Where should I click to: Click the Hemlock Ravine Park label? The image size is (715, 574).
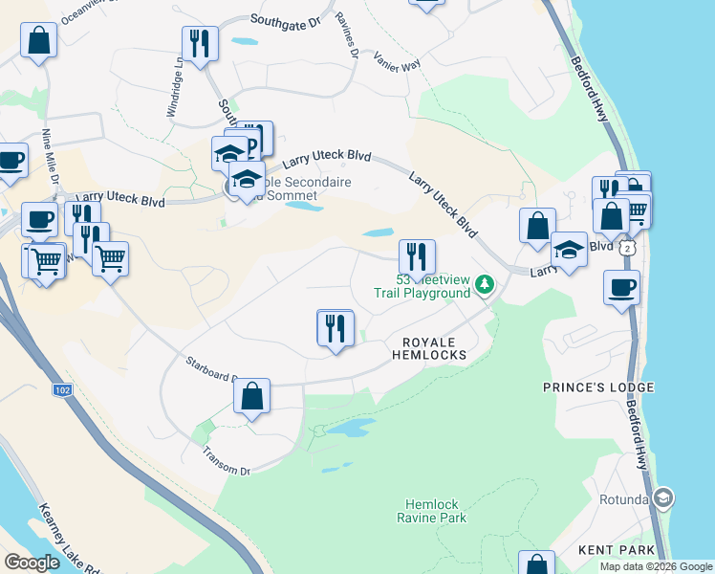click(432, 511)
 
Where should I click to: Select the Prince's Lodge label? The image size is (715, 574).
click(598, 387)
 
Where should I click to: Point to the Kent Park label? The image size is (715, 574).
click(617, 550)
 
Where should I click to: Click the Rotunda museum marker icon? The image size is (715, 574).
click(663, 498)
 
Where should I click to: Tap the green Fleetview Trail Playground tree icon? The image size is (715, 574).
click(486, 284)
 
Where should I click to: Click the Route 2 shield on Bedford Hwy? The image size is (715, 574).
click(625, 248)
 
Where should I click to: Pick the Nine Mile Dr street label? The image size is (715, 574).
click(50, 158)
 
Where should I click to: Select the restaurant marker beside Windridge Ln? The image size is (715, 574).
click(201, 43)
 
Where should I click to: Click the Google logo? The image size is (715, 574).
click(32, 563)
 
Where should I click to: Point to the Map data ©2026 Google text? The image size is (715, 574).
click(656, 566)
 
